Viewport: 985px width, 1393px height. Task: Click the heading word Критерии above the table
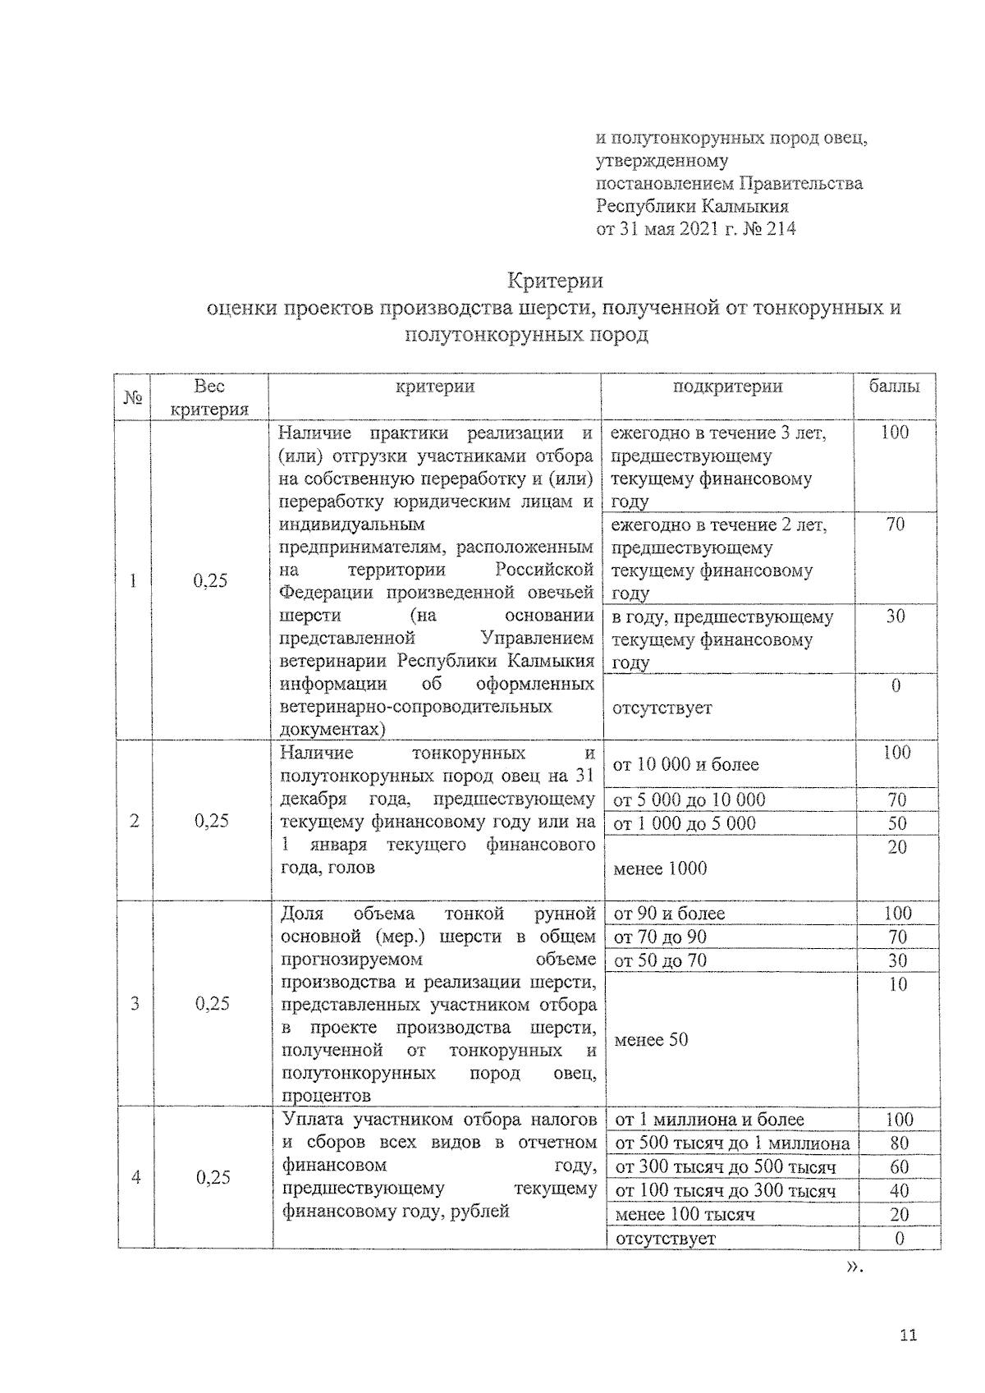pyautogui.click(x=555, y=281)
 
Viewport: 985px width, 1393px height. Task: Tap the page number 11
pyautogui.click(x=908, y=1335)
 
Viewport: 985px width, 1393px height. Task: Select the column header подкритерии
pyautogui.click(x=727, y=387)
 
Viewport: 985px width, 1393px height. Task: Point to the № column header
pyautogui.click(x=134, y=397)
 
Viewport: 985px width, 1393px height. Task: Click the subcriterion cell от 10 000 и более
pyautogui.click(x=685, y=765)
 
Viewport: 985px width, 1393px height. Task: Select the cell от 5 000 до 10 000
pyautogui.click(x=689, y=800)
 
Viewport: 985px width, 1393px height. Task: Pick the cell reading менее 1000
pyautogui.click(x=660, y=868)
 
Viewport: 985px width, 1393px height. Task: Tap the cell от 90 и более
pyautogui.click(x=669, y=914)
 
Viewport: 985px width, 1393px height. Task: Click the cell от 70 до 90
pyautogui.click(x=660, y=937)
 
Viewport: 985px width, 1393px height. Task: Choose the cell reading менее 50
pyautogui.click(x=651, y=1040)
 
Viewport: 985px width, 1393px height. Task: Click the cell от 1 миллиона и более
pyautogui.click(x=709, y=1120)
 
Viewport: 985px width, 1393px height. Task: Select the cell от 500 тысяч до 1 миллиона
pyautogui.click(x=732, y=1143)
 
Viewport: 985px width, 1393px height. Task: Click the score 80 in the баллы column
pyautogui.click(x=899, y=1143)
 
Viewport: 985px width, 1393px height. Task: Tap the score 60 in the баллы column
pyautogui.click(x=899, y=1167)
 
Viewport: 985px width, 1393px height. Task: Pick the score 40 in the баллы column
pyautogui.click(x=899, y=1191)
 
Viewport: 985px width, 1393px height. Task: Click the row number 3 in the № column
pyautogui.click(x=135, y=1003)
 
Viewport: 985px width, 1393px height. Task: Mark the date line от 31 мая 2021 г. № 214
pyautogui.click(x=695, y=229)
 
